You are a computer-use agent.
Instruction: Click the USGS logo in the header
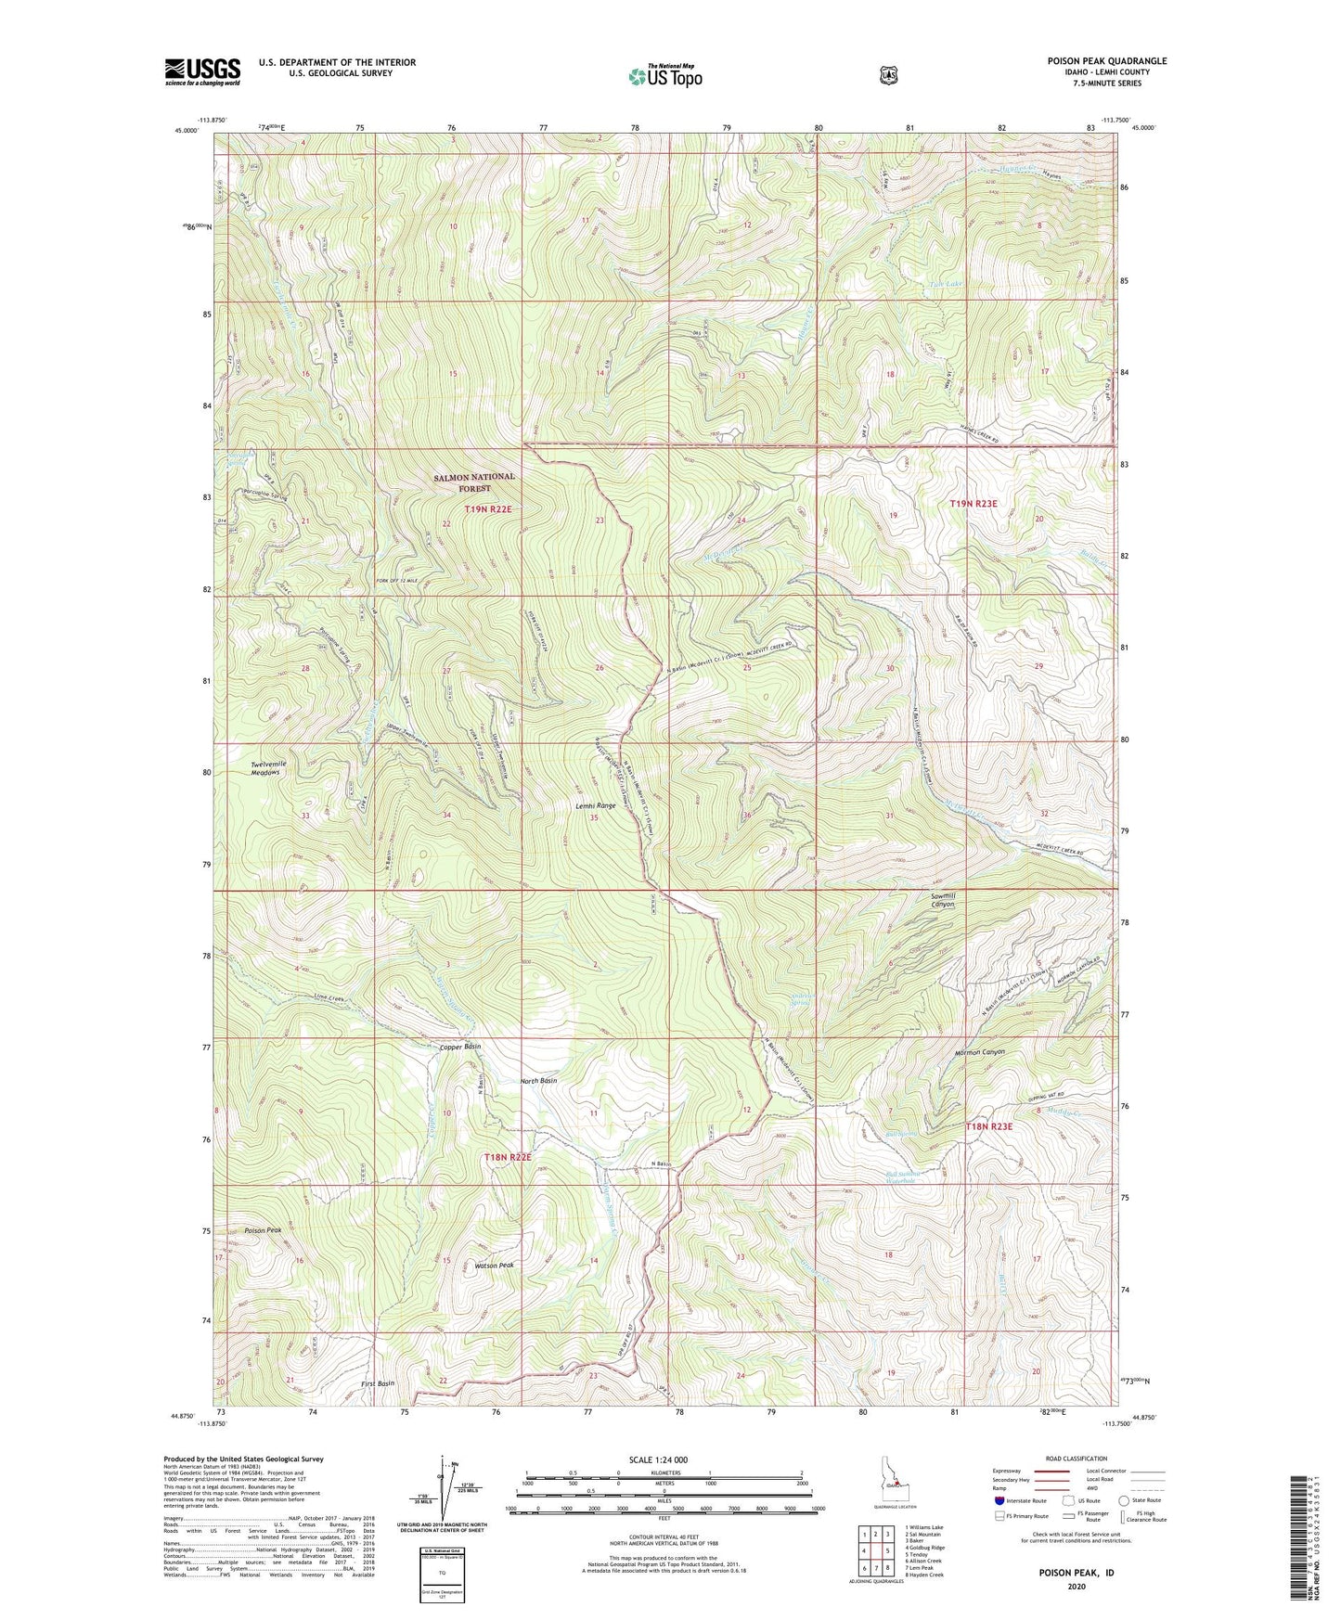202,71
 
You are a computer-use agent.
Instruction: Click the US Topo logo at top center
664,76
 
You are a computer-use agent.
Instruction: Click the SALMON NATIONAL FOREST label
473,482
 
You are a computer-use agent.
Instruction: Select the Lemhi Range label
595,806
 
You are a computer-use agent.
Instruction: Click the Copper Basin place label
459,1047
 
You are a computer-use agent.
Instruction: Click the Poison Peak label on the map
263,1230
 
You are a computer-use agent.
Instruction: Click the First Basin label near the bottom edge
377,1383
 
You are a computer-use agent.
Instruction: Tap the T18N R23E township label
997,1126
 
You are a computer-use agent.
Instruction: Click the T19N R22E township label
488,509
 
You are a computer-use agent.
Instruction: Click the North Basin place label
538,1081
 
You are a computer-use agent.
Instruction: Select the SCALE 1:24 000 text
658,1459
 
